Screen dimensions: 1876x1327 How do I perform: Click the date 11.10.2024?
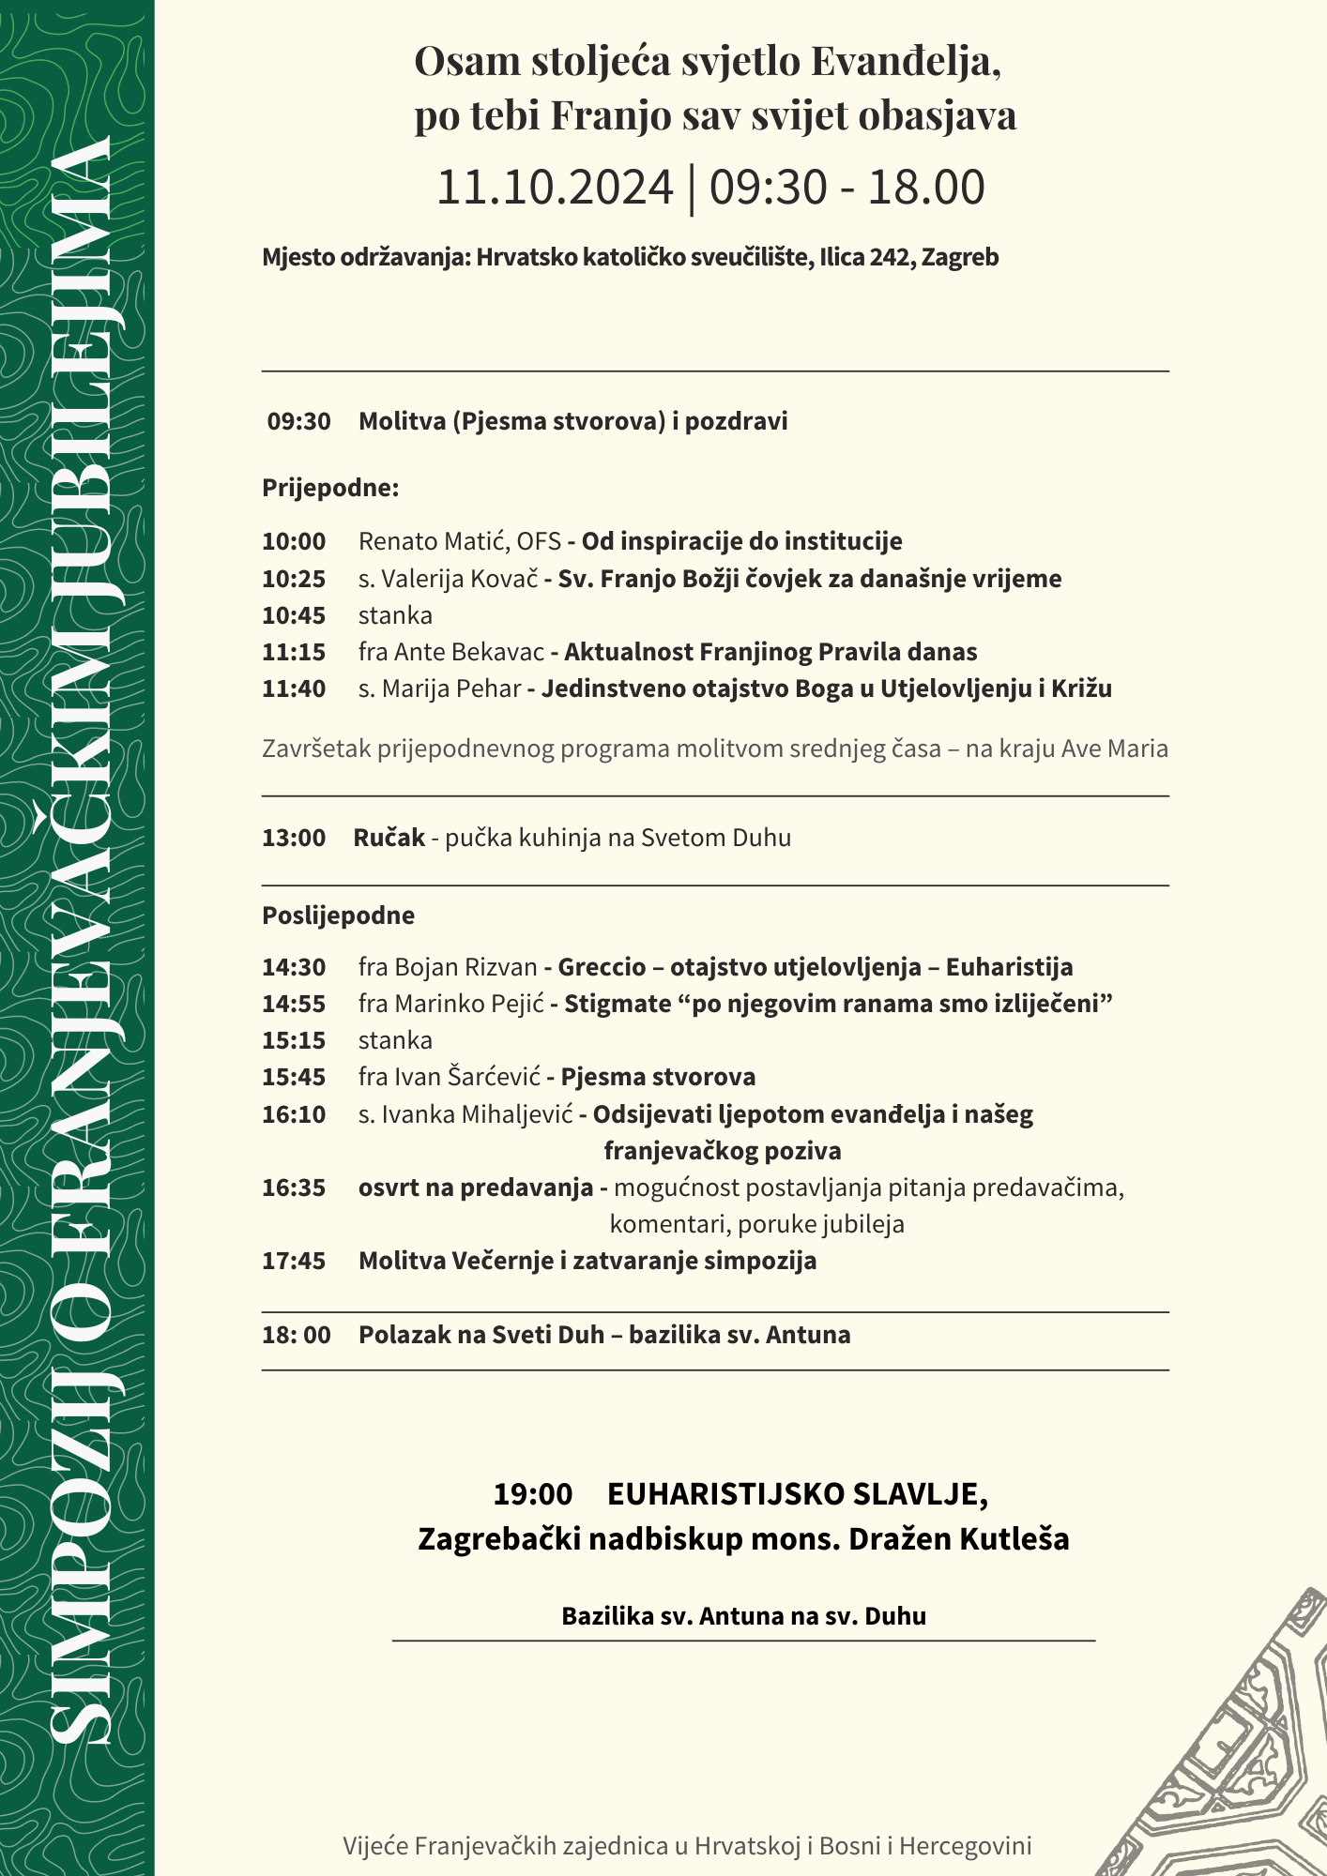coord(555,188)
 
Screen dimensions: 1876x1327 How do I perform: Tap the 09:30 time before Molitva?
coord(298,421)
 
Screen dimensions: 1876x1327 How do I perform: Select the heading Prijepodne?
coord(330,488)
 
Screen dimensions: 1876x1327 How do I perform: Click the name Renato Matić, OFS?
coord(459,541)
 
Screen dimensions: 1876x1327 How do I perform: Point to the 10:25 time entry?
coord(294,579)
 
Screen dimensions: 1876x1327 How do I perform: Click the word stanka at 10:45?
coord(395,615)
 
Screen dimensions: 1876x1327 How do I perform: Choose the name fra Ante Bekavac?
coord(450,652)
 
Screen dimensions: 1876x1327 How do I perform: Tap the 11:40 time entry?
coord(294,688)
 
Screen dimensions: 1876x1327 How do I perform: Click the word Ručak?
coord(389,838)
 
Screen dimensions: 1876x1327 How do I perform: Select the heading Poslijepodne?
coord(338,915)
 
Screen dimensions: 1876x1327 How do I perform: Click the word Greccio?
coord(602,967)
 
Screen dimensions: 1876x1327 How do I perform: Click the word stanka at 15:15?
coord(395,1040)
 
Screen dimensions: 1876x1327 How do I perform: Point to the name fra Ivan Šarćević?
coord(450,1077)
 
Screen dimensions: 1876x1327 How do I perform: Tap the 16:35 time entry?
coord(294,1188)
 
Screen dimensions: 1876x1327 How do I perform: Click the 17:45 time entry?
coord(294,1261)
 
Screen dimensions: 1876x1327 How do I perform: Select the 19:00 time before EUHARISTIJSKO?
coord(532,1494)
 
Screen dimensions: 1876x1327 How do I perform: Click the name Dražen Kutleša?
coord(958,1539)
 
